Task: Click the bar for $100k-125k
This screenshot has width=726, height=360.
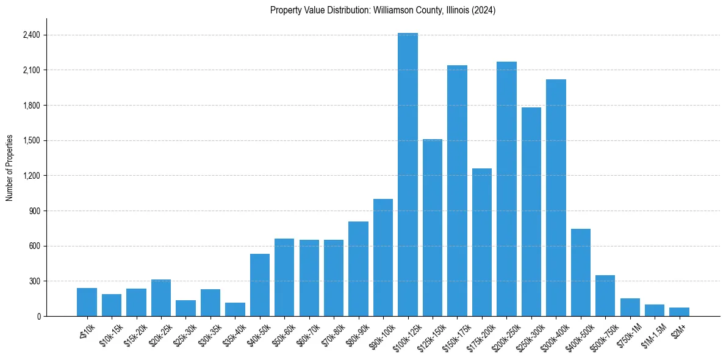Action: [408, 175]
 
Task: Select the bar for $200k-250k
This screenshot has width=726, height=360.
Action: [506, 189]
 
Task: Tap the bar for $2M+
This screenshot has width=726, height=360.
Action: [679, 312]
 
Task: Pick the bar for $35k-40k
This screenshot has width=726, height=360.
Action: [235, 309]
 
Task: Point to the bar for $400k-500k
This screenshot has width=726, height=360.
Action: [580, 272]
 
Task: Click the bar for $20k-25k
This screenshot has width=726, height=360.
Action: [161, 298]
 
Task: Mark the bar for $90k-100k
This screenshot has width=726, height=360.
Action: [383, 257]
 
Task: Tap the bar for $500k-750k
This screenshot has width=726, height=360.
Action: [605, 295]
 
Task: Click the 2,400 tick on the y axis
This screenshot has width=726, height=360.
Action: [31, 35]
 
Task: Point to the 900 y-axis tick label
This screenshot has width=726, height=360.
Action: [34, 211]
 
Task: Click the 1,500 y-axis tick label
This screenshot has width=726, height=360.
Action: [31, 140]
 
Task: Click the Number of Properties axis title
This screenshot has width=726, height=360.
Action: [10, 167]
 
